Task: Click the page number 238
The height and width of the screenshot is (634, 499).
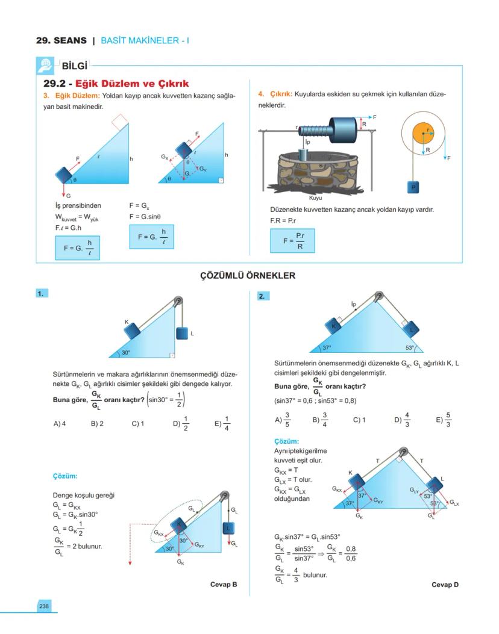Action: point(44,606)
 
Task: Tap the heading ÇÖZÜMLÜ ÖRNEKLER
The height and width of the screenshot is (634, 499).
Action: point(248,276)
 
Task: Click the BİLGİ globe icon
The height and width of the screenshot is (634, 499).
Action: point(45,66)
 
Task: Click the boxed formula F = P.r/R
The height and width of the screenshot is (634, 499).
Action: point(293,241)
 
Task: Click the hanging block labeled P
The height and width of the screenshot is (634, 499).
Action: point(413,187)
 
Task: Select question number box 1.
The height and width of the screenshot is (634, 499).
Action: point(41,294)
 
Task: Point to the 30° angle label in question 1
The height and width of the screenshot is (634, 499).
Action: point(126,352)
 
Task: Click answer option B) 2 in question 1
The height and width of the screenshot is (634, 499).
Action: point(97,423)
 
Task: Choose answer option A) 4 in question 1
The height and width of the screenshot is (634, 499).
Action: point(59,423)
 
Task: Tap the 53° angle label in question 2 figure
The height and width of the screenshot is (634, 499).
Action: point(410,348)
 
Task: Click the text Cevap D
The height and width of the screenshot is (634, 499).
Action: point(445,585)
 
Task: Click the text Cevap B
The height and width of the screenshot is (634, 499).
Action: point(224,585)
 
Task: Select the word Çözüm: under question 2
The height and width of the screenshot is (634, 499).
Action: point(287,441)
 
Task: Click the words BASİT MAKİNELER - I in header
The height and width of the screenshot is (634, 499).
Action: point(145,41)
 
